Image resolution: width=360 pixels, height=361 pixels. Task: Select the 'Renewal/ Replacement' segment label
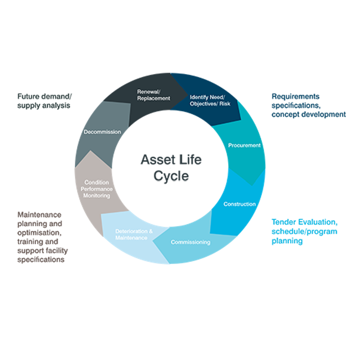[x=154, y=95]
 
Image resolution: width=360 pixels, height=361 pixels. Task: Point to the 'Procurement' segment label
[x=244, y=146]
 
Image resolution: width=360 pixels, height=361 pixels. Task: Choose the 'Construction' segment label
[x=239, y=204]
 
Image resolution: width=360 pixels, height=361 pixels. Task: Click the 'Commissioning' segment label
[x=190, y=242]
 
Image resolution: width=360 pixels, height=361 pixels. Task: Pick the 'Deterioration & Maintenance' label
[x=134, y=235]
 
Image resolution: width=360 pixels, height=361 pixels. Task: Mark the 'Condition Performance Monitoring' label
[x=97, y=189]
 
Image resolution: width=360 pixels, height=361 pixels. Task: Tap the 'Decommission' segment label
[x=102, y=132]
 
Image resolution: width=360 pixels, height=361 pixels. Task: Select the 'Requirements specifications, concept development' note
[x=308, y=106]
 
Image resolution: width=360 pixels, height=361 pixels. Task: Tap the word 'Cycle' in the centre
[x=171, y=177]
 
